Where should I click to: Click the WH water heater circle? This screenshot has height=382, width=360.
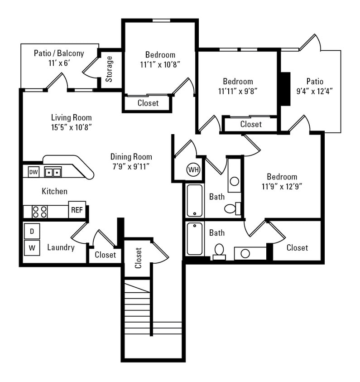pos(193,170)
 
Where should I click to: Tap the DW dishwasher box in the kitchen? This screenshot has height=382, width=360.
pos(34,172)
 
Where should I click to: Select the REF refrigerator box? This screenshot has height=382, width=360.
pos(77,210)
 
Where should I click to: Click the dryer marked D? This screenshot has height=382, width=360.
pos(32,231)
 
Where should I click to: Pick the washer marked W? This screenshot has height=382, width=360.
pos(32,247)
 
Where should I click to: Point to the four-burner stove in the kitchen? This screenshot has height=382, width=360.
pos(40,212)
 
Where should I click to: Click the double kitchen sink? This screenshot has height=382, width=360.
pos(53,172)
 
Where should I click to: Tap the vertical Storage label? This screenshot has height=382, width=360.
pos(110,68)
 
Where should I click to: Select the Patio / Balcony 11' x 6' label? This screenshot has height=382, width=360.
pos(59,58)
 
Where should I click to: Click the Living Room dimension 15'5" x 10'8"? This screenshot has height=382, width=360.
pos(72,127)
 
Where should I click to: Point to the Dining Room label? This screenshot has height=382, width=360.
pos(131,157)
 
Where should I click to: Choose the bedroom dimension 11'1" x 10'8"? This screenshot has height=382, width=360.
pos(160,64)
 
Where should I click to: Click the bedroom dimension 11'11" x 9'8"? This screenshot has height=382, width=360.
pos(238,91)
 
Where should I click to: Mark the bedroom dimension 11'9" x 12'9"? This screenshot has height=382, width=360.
pos(282,185)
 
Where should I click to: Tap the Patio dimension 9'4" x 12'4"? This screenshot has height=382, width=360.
pos(315,91)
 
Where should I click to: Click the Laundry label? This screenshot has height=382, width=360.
pos(61,247)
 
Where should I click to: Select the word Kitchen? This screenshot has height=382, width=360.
pos(54,191)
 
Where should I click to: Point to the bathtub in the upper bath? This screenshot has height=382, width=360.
pos(195,200)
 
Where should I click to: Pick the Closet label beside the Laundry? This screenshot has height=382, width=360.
pos(105,255)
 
